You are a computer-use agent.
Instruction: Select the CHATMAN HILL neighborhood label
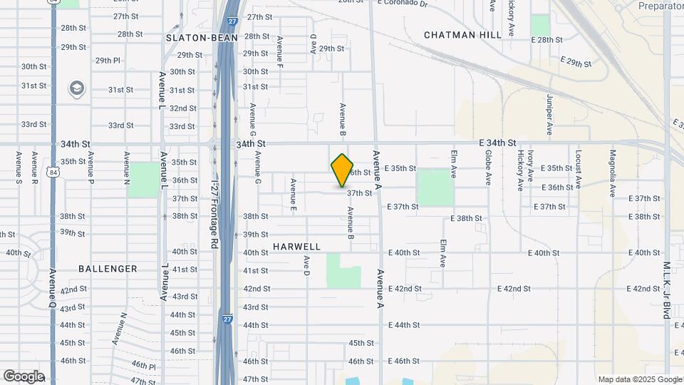[x=454, y=35]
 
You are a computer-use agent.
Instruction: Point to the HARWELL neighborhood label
[x=296, y=247]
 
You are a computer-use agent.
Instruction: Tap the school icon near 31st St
[x=76, y=88]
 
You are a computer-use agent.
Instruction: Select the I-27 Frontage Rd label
[x=214, y=214]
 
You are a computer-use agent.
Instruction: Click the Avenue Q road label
[x=53, y=289]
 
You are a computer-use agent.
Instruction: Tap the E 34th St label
[x=497, y=143]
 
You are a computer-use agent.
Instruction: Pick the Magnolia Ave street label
[x=612, y=173]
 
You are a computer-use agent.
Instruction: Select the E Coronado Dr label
[x=403, y=4]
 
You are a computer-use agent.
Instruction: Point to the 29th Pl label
[x=108, y=61]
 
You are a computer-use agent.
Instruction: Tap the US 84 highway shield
[x=53, y=172]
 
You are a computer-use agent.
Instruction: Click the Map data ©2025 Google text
[x=639, y=379]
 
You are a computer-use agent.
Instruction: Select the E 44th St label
[x=404, y=325]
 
